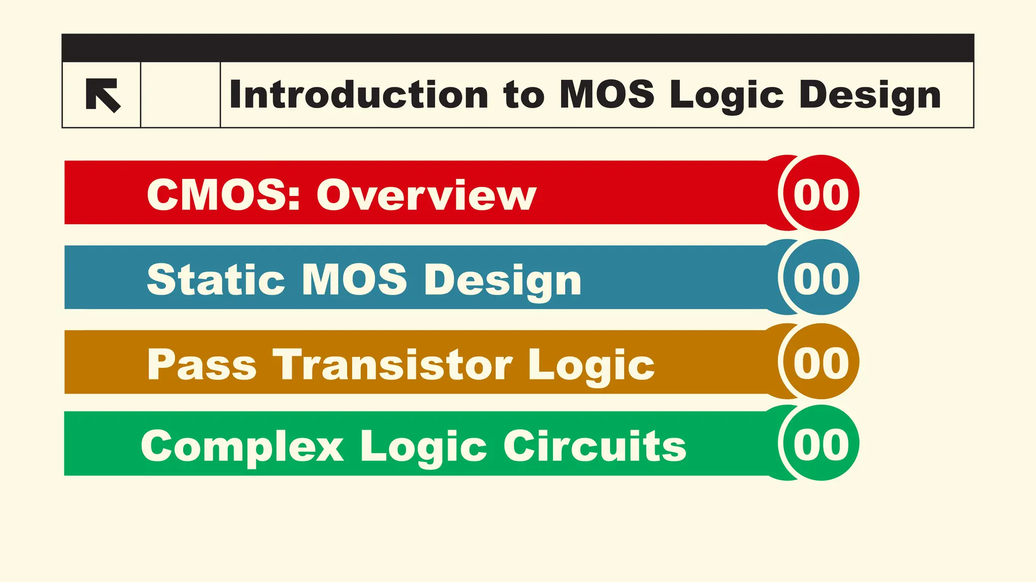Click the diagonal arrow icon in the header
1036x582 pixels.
[103, 95]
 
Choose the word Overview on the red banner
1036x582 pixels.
[426, 195]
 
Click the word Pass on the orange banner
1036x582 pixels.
[202, 364]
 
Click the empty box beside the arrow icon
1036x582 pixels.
[181, 95]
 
